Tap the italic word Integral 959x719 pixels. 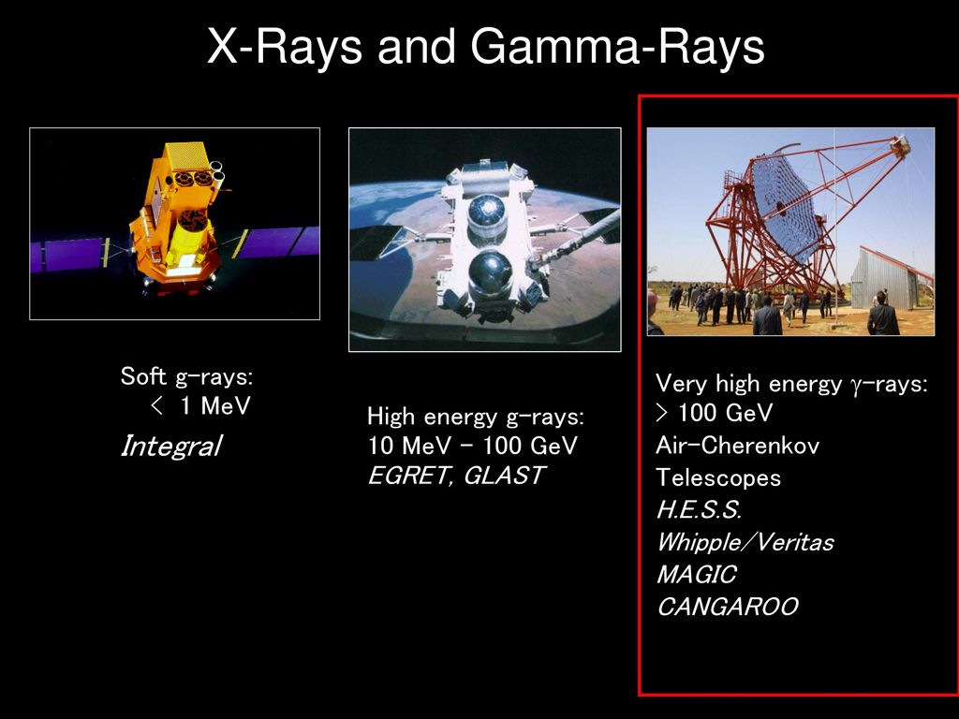click(171, 446)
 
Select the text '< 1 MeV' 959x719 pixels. click(200, 405)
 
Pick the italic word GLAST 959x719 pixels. click(504, 475)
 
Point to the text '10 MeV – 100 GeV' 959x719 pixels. click(472, 446)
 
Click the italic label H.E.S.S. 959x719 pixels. click(699, 509)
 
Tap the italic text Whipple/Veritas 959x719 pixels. click(745, 542)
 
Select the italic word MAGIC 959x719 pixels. click(697, 574)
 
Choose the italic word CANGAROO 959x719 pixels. click(727, 607)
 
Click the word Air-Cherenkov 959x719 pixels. click(738, 445)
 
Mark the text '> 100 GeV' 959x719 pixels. click(715, 413)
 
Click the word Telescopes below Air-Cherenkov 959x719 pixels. click(718, 477)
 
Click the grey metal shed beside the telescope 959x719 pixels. click(888, 278)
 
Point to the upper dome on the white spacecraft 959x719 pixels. click(487, 215)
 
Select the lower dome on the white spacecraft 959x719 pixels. click(490, 274)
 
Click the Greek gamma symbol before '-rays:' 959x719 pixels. click(854, 385)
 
